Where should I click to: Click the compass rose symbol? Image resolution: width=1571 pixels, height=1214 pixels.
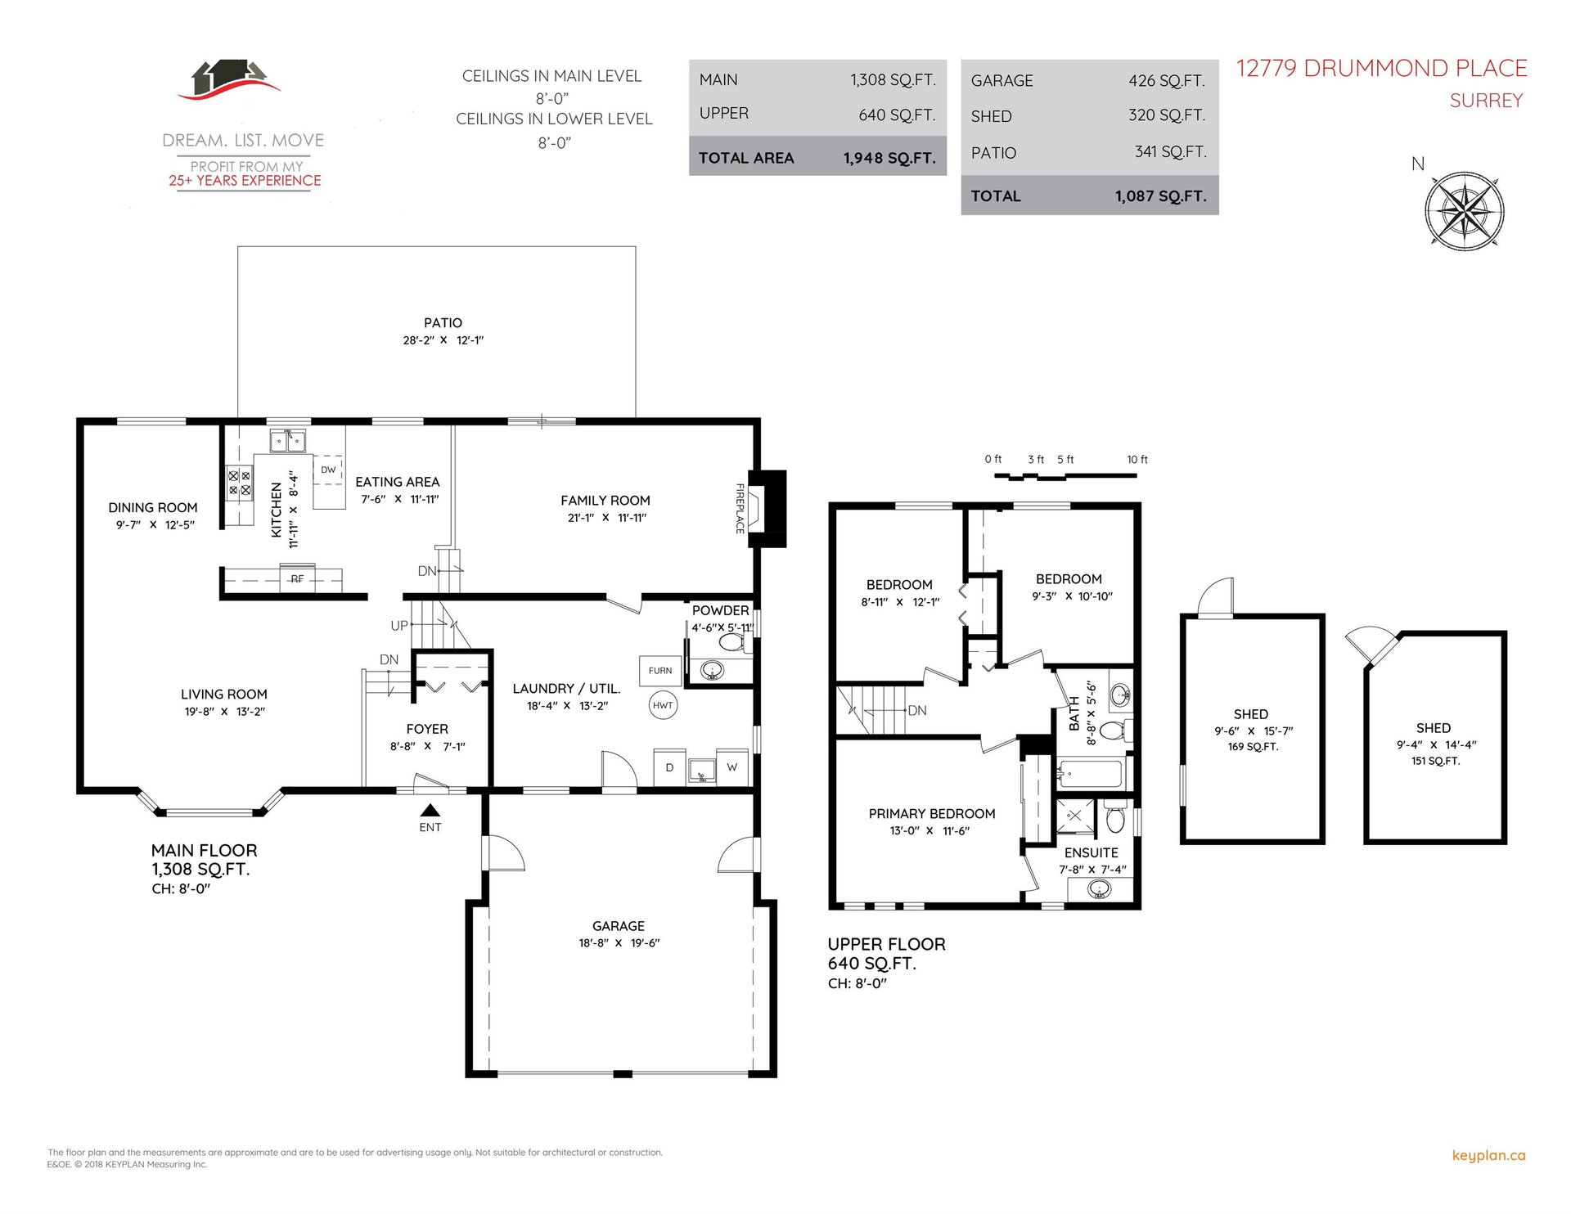(x=1464, y=211)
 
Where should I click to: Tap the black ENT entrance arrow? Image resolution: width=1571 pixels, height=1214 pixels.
(x=430, y=811)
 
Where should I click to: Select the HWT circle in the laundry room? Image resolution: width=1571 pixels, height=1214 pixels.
(x=663, y=705)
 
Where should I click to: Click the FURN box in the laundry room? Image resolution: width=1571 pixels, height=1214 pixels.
(x=660, y=671)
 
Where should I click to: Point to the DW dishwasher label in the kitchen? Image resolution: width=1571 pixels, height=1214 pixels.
(x=328, y=470)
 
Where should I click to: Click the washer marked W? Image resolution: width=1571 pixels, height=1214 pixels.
(x=731, y=767)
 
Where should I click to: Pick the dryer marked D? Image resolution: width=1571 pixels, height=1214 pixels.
(x=669, y=767)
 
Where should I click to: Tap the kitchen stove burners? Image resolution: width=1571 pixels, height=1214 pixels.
(x=240, y=483)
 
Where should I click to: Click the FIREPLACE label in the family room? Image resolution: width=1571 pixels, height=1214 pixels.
(x=740, y=509)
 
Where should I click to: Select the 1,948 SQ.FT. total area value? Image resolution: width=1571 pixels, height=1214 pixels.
(x=889, y=158)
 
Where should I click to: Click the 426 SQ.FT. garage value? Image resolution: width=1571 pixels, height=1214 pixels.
(x=1167, y=80)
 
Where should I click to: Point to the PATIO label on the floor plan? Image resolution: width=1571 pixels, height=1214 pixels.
(x=443, y=323)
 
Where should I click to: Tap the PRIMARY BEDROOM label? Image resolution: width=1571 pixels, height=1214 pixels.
(x=932, y=813)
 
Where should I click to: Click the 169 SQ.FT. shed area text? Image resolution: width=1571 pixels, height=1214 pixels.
(x=1253, y=747)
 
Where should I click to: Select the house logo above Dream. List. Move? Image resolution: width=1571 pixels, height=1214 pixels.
(x=229, y=79)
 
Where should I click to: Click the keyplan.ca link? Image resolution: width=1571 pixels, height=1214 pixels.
(x=1488, y=1155)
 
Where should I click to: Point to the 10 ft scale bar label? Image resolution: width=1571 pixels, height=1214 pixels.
(x=1137, y=460)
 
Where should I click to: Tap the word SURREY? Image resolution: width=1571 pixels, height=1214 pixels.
(x=1486, y=101)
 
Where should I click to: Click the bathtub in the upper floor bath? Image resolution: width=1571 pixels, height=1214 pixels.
(x=1090, y=773)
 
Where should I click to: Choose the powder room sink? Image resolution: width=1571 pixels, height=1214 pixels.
(x=713, y=672)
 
